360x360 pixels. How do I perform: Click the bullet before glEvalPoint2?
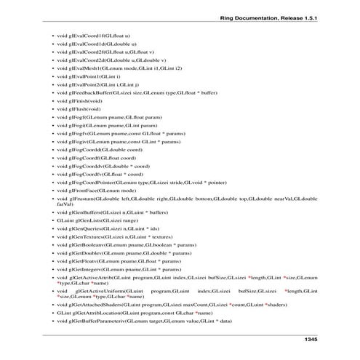pos(48,85)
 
